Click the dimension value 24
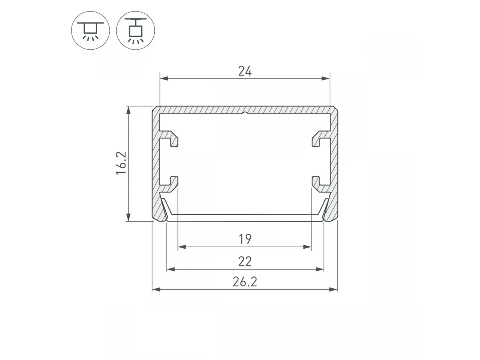(245, 71)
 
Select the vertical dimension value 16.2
(121, 163)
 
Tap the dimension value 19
(245, 239)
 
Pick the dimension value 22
(245, 262)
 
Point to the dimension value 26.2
(245, 282)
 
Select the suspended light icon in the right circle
(135, 31)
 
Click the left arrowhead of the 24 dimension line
(164, 78)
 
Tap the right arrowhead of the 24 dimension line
(326, 78)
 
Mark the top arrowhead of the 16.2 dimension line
(128, 110)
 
